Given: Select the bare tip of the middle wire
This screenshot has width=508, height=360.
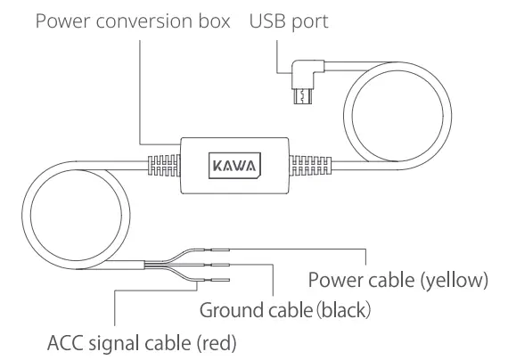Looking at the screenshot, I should coord(220,266).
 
